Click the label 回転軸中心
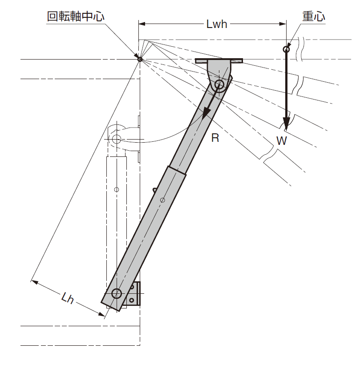[x=76, y=16]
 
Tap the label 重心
[x=314, y=16]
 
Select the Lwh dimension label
[x=217, y=24]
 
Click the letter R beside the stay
[x=215, y=138]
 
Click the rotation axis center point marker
[x=140, y=59]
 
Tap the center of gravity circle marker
[x=286, y=49]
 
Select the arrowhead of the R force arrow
[x=205, y=115]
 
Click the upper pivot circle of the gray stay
[x=219, y=84]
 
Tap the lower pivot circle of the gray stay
[x=117, y=293]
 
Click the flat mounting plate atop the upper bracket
[x=219, y=60]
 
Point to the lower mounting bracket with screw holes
[x=134, y=294]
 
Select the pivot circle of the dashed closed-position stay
[x=116, y=139]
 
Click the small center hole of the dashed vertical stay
[x=117, y=190]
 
